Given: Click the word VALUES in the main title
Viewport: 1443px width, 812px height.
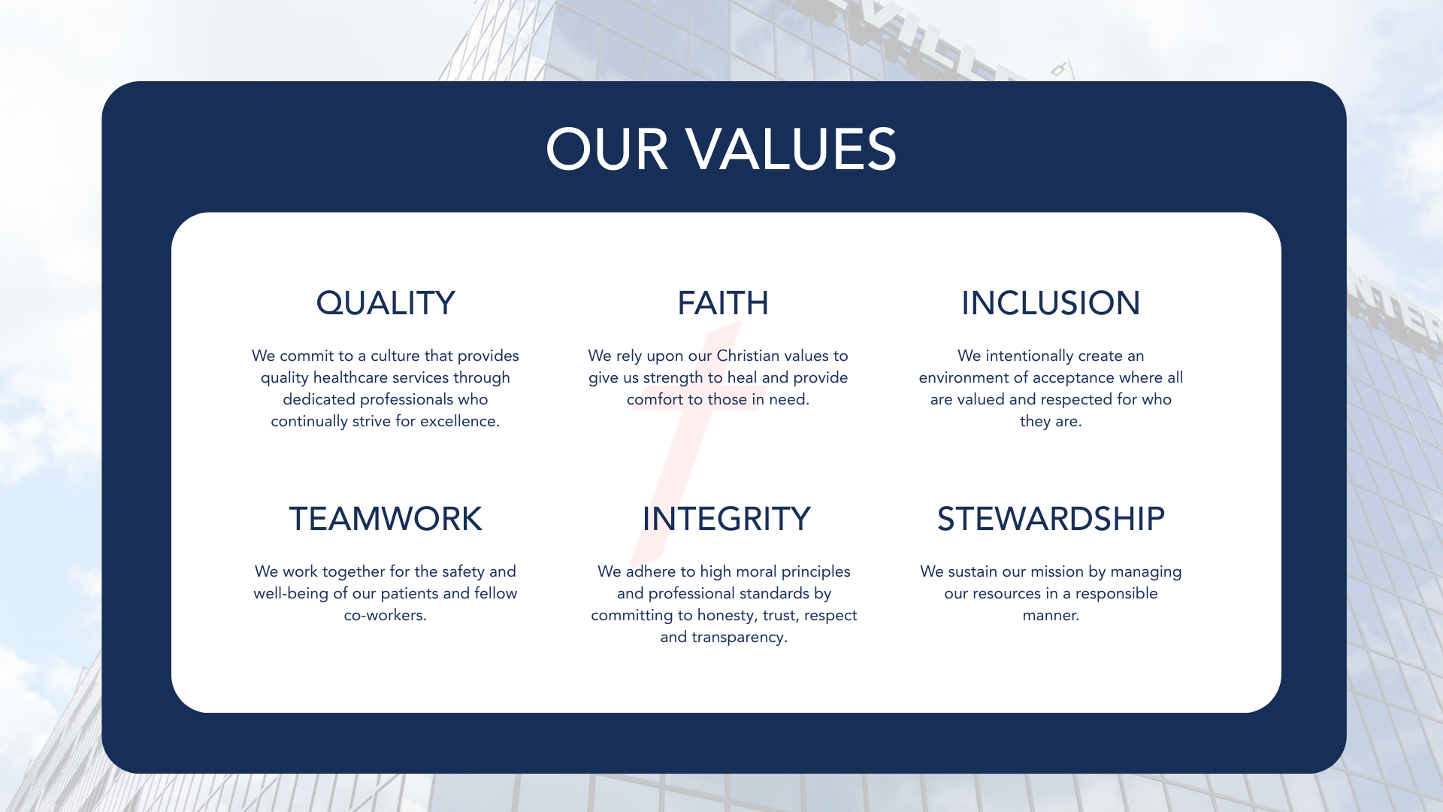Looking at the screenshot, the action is [x=791, y=149].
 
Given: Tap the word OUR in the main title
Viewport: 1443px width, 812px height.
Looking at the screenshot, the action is [x=607, y=149].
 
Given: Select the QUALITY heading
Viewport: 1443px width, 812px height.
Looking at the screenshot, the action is [x=386, y=304].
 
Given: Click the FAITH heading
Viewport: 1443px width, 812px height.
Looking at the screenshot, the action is [x=723, y=303].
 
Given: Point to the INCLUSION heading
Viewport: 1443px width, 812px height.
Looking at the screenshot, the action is [x=1051, y=303].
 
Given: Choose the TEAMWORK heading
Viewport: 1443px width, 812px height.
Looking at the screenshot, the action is [x=386, y=519].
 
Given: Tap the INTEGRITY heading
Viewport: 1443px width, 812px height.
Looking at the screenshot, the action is [x=726, y=519].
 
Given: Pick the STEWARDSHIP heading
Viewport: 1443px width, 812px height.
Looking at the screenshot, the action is [x=1051, y=519].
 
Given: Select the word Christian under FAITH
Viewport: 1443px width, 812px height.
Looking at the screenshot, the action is [x=748, y=356].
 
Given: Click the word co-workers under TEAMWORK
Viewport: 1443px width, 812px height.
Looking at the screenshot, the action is [x=385, y=616].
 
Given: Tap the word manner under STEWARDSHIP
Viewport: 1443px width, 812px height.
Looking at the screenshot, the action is [x=1051, y=616].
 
